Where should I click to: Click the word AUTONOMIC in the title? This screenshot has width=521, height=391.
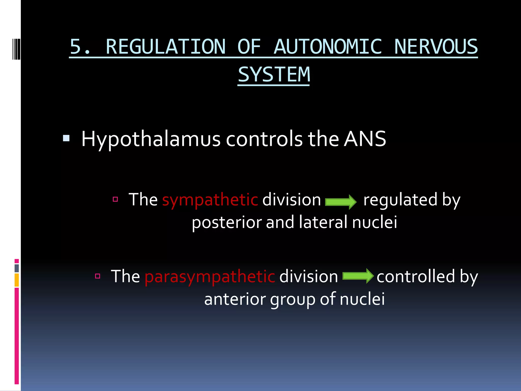click(x=328, y=47)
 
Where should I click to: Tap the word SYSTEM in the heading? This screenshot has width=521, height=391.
click(x=274, y=75)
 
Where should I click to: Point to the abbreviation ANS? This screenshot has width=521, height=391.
click(x=365, y=139)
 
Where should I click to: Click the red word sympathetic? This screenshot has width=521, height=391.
click(x=210, y=200)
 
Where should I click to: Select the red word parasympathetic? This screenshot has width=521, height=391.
click(x=210, y=277)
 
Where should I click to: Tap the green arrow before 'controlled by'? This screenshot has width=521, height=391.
click(x=358, y=276)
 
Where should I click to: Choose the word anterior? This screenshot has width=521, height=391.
click(x=235, y=299)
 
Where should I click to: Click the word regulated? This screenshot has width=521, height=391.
click(x=400, y=200)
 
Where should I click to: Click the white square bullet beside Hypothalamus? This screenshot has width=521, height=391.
click(x=66, y=138)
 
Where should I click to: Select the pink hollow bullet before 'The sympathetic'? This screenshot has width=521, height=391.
click(x=115, y=199)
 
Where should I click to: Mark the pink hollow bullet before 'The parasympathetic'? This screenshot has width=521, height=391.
click(x=98, y=276)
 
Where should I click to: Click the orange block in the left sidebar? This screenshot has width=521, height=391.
click(x=17, y=280)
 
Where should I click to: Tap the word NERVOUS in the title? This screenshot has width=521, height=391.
click(x=436, y=47)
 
